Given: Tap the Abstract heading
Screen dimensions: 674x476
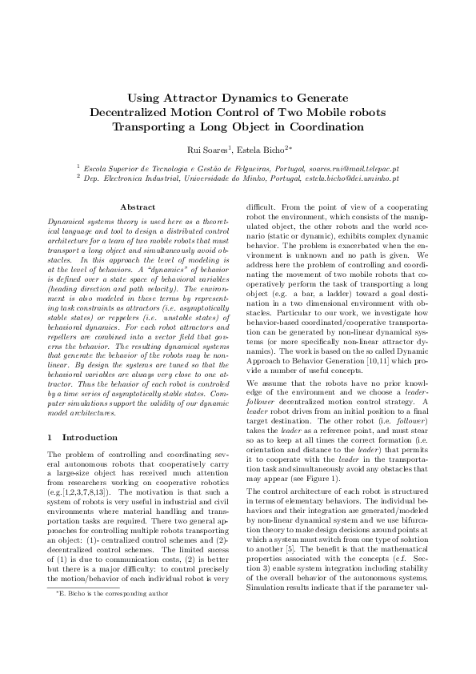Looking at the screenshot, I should click(x=137, y=207).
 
